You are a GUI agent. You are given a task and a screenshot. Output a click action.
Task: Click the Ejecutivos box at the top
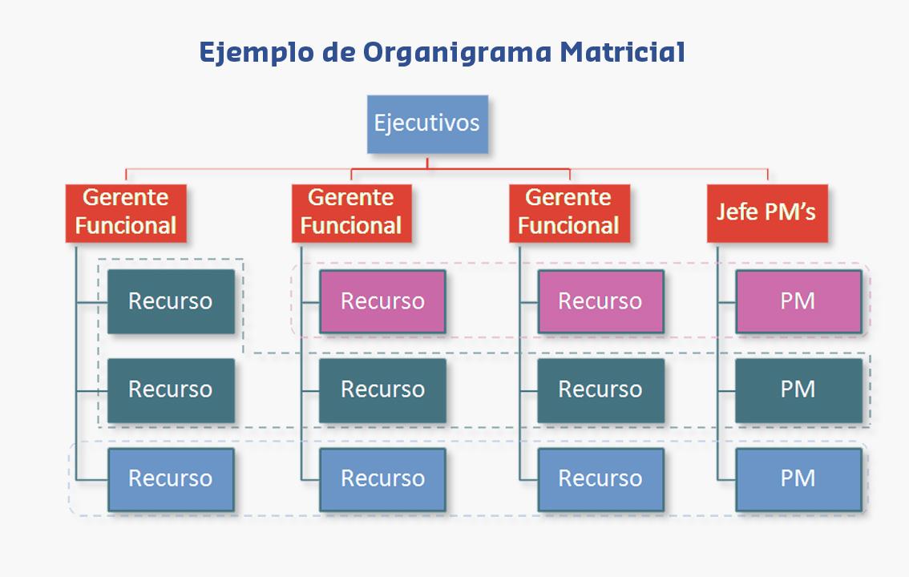pyautogui.click(x=426, y=124)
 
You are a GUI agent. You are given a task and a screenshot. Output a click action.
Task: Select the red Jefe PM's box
pyautogui.click(x=766, y=212)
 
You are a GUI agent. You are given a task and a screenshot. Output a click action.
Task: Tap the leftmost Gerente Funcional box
pyautogui.click(x=126, y=212)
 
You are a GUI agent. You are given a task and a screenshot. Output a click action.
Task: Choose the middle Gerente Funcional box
pyautogui.click(x=351, y=212)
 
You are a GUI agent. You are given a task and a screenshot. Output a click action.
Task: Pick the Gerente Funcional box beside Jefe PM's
pyautogui.click(x=568, y=212)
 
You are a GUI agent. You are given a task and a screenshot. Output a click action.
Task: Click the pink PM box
pyautogui.click(x=798, y=301)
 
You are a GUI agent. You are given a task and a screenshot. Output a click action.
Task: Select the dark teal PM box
pyautogui.click(x=798, y=389)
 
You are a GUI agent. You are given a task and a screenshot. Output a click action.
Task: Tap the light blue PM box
pyautogui.click(x=798, y=478)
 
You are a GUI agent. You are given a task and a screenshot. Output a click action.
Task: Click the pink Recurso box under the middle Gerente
pyautogui.click(x=382, y=301)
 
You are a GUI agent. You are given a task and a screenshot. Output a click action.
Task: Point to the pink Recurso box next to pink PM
pyautogui.click(x=600, y=301)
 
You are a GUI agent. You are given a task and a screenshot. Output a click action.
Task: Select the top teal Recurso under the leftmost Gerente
pyautogui.click(x=170, y=301)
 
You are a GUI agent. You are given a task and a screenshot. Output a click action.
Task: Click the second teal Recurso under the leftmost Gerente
pyautogui.click(x=170, y=389)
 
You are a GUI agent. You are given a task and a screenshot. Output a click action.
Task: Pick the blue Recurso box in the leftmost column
pyautogui.click(x=170, y=478)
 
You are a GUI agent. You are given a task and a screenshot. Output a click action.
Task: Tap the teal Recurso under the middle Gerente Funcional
pyautogui.click(x=382, y=389)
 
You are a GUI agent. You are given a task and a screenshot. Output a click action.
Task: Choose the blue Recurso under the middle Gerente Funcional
pyautogui.click(x=382, y=478)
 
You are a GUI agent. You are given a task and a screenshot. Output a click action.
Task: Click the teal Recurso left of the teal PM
pyautogui.click(x=600, y=389)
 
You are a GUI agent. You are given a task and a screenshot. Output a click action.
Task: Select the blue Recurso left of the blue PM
pyautogui.click(x=600, y=478)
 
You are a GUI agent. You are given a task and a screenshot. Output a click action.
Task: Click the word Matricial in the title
pyautogui.click(x=622, y=52)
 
